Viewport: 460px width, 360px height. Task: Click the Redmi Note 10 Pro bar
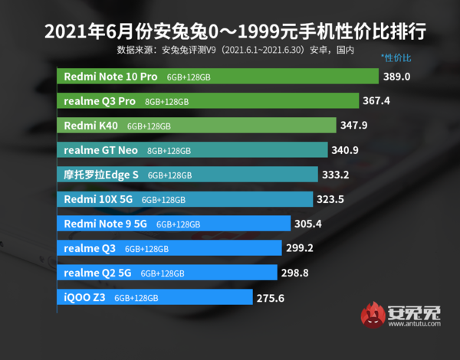[x=219, y=77]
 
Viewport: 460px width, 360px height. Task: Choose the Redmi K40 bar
[x=197, y=126]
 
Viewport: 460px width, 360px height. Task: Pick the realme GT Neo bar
[x=193, y=150]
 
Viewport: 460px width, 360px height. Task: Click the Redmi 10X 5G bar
[x=186, y=199]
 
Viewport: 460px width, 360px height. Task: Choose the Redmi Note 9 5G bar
[x=174, y=224]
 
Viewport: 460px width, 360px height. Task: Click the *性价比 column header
[x=396, y=57]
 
